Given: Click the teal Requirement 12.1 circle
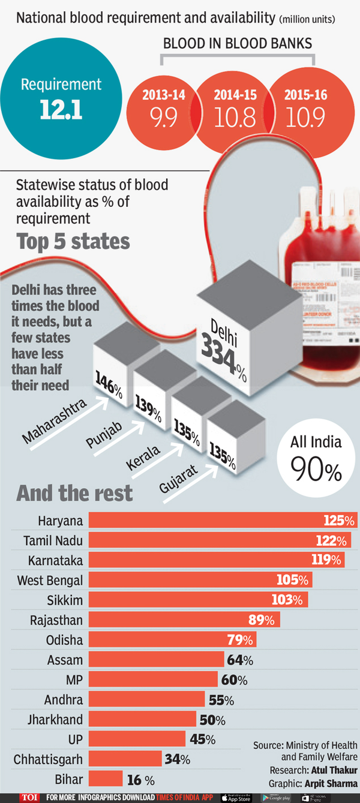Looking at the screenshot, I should (61, 98).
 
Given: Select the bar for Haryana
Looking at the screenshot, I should (223, 520).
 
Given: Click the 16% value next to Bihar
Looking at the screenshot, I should (140, 780).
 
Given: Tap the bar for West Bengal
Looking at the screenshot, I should (200, 580).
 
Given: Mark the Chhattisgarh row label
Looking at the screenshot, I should (49, 759).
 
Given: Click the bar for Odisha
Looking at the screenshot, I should (172, 639).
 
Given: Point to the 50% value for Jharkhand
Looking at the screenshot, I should (212, 720).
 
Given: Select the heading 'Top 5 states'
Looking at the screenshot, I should (73, 241).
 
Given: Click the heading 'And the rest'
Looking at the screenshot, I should (74, 493).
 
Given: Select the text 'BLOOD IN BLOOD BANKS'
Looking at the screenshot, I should (238, 44).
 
